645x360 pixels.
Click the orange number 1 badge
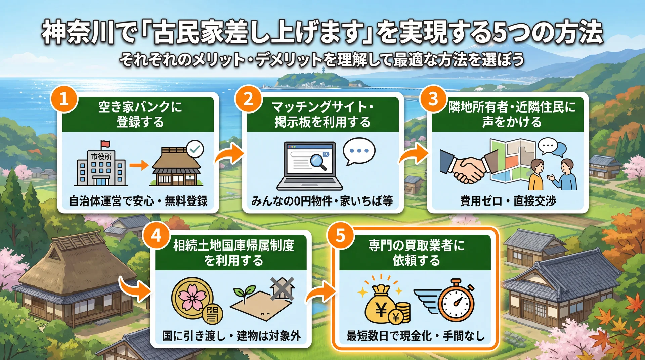click(x=64, y=99)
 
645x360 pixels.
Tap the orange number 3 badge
click(x=433, y=99)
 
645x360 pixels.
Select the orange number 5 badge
click(x=340, y=235)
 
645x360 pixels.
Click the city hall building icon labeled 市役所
click(x=101, y=168)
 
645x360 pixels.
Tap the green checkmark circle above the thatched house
click(x=195, y=149)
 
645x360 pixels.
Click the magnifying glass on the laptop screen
click(x=318, y=162)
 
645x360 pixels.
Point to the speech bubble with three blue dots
click(x=359, y=151)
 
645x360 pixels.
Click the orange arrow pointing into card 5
click(x=321, y=292)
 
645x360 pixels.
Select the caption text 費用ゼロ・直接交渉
click(x=508, y=201)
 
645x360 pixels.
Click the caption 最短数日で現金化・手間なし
click(x=415, y=335)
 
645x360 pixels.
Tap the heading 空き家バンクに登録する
click(x=140, y=115)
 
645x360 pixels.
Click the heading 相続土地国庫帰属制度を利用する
click(x=233, y=253)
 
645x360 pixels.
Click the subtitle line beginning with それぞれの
click(x=322, y=60)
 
